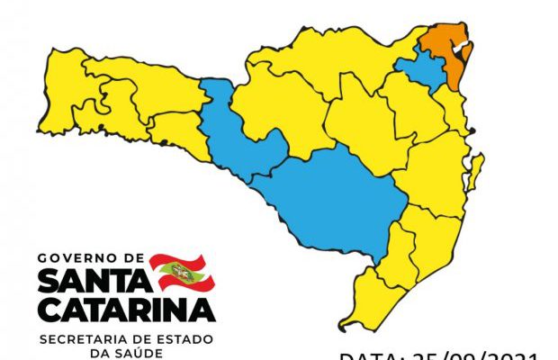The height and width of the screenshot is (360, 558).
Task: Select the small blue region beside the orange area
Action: click(420, 68)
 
